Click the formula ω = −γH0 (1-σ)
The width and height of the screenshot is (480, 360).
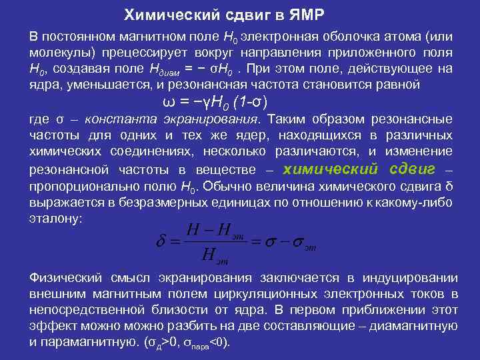(x=215, y=102)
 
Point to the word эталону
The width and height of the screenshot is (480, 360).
(x=55, y=219)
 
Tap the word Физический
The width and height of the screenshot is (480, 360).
(x=64, y=278)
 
